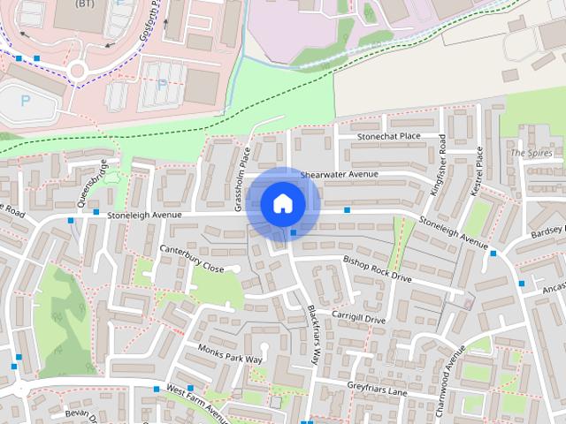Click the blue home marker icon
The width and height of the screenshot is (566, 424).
coord(283,203)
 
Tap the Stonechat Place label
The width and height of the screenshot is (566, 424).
coord(388,137)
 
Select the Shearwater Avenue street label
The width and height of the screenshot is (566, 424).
coord(339,174)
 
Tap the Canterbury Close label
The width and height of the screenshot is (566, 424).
coord(191,257)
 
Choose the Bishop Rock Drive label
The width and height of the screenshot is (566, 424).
coord(377,269)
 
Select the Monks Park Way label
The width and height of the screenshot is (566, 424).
coord(230,353)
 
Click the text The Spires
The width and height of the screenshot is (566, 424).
coord(531,153)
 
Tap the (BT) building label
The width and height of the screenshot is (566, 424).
coord(85,4)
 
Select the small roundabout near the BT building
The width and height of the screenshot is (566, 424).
coord(77,70)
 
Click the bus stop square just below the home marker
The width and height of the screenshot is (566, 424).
coord(294,233)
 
